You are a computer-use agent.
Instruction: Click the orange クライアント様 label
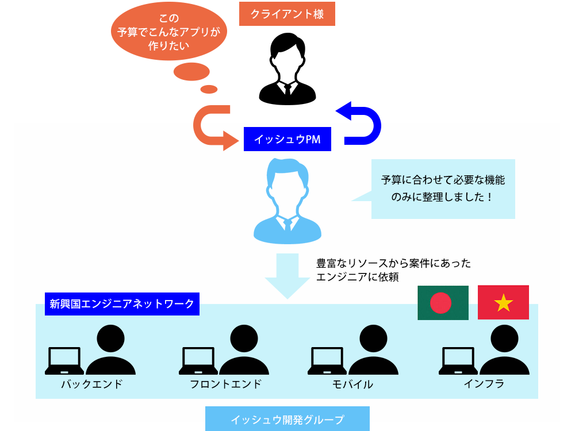287,14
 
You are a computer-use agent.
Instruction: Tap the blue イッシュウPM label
287,139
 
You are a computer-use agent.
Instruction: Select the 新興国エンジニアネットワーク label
122,303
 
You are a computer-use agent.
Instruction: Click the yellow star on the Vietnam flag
503,302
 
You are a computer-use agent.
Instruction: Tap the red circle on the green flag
440,302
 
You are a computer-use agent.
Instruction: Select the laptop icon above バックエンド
64,361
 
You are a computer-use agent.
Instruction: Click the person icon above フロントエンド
244,350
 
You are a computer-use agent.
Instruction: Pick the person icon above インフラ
504,350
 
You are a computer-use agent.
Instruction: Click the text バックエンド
92,384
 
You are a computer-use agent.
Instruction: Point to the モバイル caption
352,384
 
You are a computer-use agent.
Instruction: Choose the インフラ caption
484,383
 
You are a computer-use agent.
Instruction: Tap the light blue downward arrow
287,276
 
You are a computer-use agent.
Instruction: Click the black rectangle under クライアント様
287,69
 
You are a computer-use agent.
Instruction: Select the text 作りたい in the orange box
168,47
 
